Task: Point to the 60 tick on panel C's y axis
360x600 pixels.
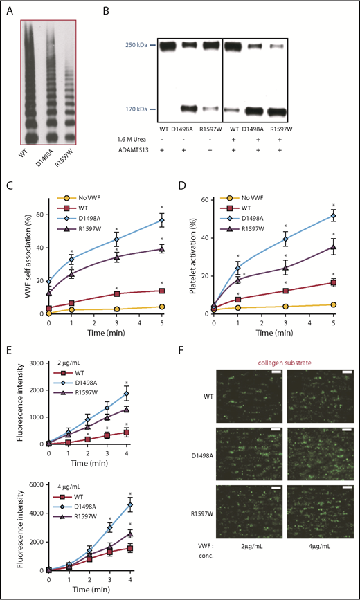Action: pyautogui.click(x=39, y=201)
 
